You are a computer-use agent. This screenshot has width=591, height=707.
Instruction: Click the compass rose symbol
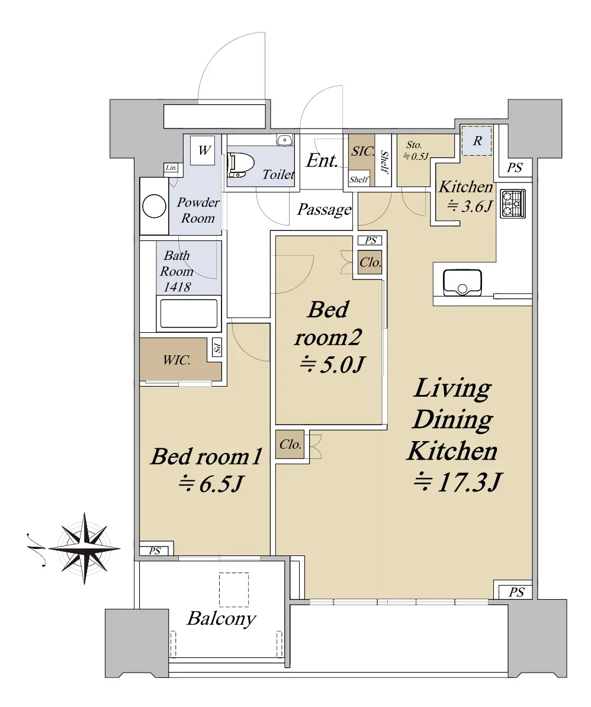click(84, 549)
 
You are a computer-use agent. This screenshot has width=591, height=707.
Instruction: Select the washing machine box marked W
click(204, 150)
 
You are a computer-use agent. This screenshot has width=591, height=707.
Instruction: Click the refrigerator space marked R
click(477, 141)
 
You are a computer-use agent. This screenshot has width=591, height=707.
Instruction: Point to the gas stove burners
click(513, 204)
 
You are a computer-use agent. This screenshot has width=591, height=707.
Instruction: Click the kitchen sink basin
click(462, 283)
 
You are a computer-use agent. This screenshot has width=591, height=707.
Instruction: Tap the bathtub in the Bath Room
click(189, 313)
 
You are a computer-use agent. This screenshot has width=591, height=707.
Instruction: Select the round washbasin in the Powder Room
click(154, 206)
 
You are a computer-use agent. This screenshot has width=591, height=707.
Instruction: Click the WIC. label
click(176, 360)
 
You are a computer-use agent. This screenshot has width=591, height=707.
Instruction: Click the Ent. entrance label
click(322, 161)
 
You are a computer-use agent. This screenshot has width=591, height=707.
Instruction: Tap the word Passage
click(324, 210)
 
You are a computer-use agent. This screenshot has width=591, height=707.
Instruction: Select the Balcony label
click(221, 619)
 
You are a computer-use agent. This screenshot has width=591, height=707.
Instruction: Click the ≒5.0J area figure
click(332, 364)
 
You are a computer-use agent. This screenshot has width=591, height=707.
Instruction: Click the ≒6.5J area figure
click(211, 484)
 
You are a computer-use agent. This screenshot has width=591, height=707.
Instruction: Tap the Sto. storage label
click(414, 144)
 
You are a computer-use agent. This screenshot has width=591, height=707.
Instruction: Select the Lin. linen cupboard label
click(171, 168)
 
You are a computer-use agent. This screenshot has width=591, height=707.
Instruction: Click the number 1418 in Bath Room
click(177, 287)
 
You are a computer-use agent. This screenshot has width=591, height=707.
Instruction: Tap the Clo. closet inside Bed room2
click(370, 262)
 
